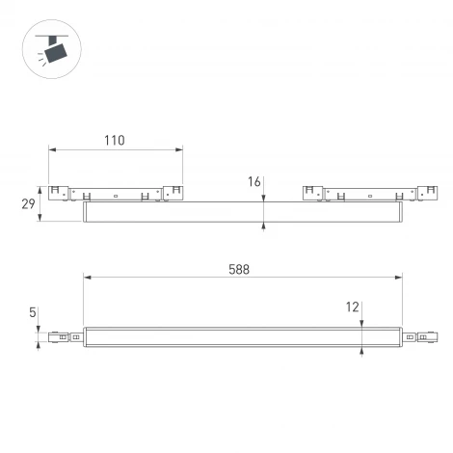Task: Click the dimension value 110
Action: pyautogui.click(x=114, y=141)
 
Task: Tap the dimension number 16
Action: pyautogui.click(x=254, y=181)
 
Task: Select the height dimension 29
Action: pyautogui.click(x=28, y=204)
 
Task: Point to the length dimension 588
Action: pyautogui.click(x=241, y=270)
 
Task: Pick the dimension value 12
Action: pyautogui.click(x=354, y=307)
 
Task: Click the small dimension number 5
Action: pyautogui.click(x=33, y=312)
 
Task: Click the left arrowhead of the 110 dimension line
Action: pyautogui.click(x=51, y=150)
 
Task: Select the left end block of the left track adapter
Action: pyautogui.click(x=57, y=192)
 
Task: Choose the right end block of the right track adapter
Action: pyautogui.click(x=425, y=192)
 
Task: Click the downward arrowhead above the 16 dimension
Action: pyautogui.click(x=263, y=198)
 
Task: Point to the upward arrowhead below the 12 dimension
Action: pyautogui.click(x=360, y=349)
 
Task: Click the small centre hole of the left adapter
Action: pyautogui.click(x=115, y=196)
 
